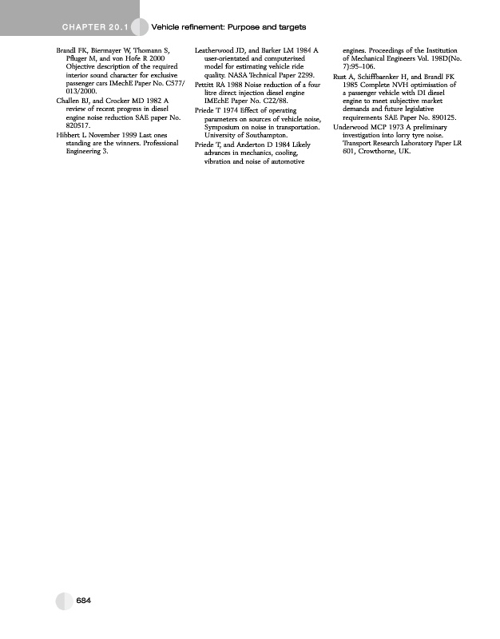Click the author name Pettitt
tap(207, 84)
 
